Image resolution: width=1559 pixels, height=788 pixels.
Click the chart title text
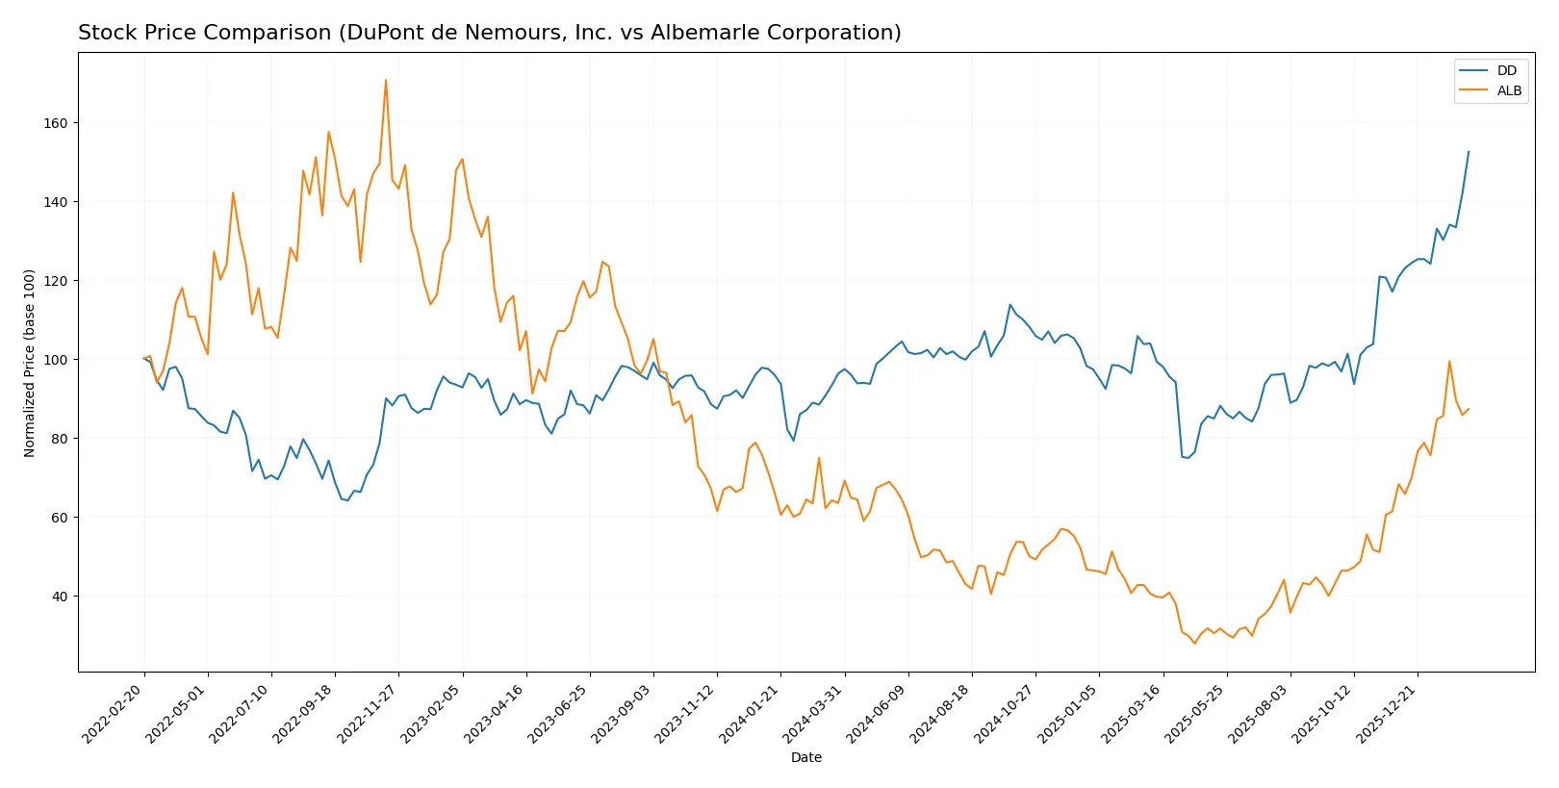[489, 33]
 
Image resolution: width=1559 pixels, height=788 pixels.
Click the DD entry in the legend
[1506, 70]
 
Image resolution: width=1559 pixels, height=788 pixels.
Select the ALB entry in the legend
[1508, 90]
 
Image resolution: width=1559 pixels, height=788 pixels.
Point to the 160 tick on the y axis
[55, 123]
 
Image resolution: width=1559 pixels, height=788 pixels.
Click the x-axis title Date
[805, 758]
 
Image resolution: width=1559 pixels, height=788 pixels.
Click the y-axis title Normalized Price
[30, 363]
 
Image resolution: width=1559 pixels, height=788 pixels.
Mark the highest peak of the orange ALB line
[386, 80]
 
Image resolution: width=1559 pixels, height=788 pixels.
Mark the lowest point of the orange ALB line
[1194, 643]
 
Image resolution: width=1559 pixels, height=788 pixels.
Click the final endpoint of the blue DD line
[1469, 151]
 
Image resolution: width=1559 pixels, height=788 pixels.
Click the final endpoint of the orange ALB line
[1469, 409]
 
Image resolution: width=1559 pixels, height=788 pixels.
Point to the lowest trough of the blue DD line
[347, 500]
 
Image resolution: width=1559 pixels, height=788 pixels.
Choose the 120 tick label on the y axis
[55, 281]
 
